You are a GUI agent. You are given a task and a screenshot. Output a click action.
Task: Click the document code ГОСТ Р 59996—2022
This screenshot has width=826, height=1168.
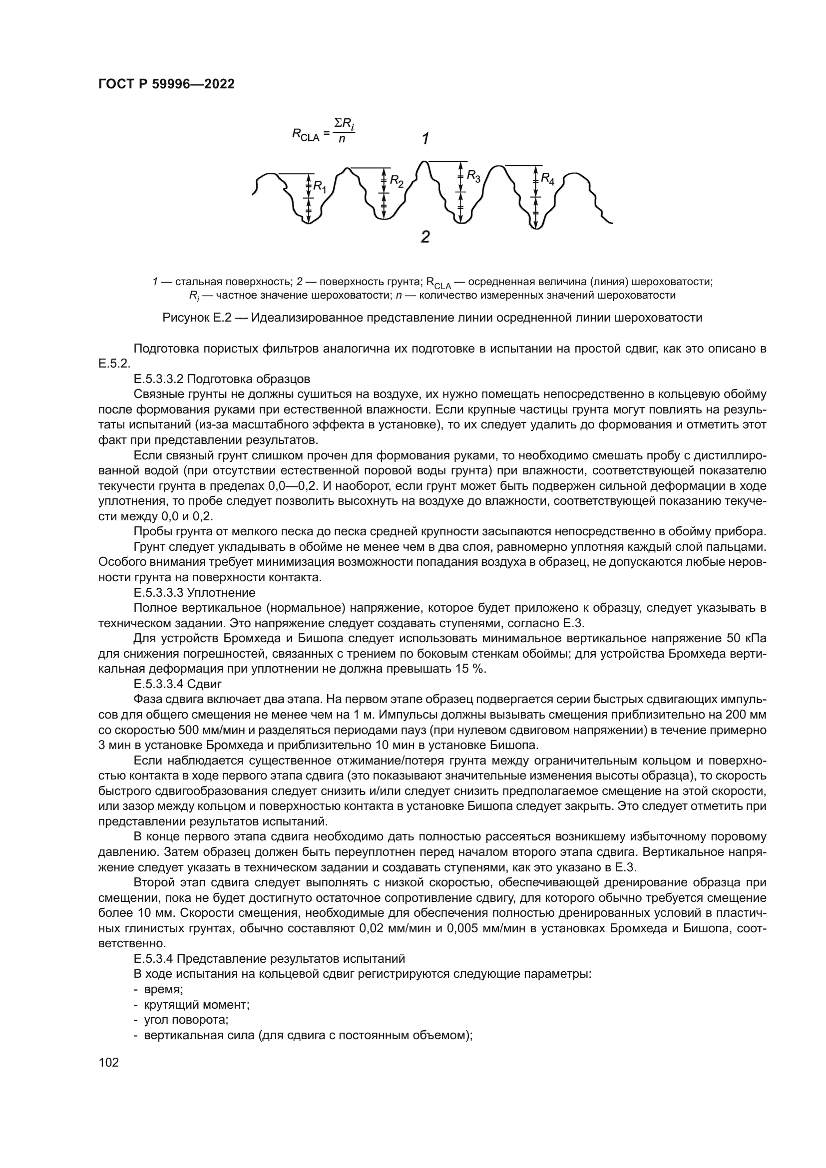pos(166,84)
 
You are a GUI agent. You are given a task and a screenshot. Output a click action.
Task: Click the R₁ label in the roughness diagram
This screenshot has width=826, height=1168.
pos(320,187)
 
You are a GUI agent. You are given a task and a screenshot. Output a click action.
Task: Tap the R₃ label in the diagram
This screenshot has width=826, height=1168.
pos(473,177)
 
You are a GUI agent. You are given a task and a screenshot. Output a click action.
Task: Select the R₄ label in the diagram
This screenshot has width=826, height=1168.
pos(548,178)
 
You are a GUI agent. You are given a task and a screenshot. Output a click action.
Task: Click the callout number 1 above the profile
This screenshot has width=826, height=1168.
pos(425,138)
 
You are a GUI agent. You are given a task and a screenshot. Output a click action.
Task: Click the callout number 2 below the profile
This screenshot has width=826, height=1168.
pos(425,237)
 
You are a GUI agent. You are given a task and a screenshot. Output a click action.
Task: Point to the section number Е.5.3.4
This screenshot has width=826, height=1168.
pos(154,959)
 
